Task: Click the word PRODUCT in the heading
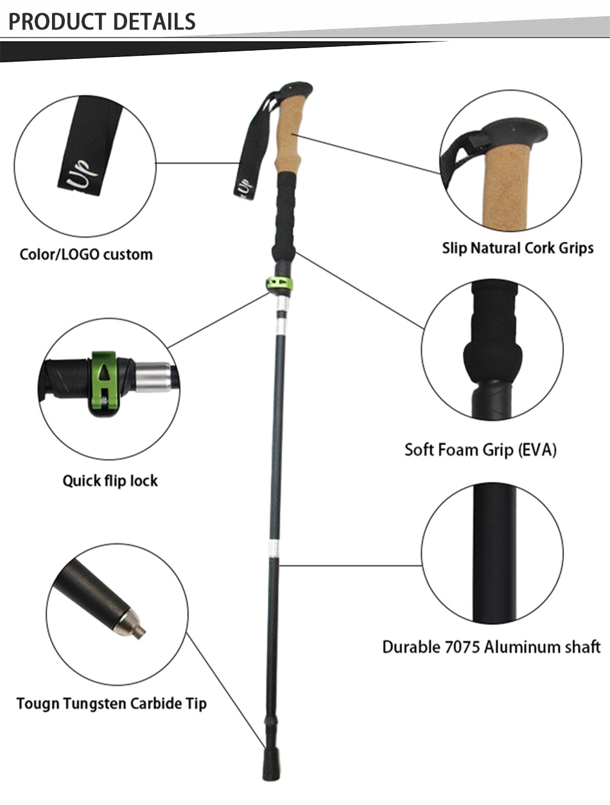52,21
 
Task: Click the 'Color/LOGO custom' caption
86,254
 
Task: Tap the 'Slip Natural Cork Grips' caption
518,248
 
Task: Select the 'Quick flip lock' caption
110,480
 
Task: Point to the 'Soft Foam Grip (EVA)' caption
480,450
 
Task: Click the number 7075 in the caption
461,647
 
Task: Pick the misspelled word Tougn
38,703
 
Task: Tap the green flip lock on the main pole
279,284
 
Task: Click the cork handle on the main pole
289,135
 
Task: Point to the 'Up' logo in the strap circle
82,170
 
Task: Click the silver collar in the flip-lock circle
153,378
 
